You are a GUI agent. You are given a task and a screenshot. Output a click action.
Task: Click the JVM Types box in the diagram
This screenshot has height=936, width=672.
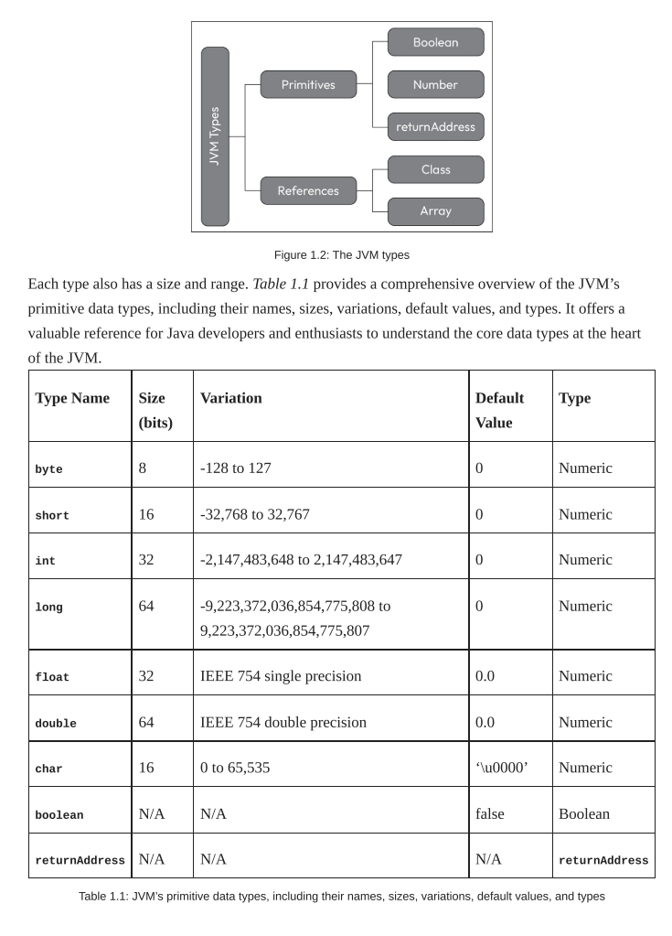pos(215,136)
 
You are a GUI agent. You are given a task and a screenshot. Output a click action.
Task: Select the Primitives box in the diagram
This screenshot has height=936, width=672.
pos(308,85)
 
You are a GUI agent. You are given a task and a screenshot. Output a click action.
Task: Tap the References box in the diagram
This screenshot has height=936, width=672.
pos(308,191)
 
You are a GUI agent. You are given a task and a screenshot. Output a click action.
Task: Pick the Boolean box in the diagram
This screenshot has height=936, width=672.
pos(435,43)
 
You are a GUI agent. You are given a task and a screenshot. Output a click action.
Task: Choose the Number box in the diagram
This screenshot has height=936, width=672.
pos(435,85)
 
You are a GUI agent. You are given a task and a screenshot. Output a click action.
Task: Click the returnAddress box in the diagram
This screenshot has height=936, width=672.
pos(435,127)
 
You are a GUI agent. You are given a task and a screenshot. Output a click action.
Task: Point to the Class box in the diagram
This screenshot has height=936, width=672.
pos(435,170)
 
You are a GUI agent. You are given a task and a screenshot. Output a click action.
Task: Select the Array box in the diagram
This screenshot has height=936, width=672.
pos(435,211)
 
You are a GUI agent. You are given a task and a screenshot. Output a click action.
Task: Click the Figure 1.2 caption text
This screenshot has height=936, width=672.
pos(341,255)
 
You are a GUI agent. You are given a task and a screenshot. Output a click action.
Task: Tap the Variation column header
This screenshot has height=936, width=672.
pos(230,398)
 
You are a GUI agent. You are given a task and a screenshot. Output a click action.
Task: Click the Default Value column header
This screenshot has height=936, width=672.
pos(500,410)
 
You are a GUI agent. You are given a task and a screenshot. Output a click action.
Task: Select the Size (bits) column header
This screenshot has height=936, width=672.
pos(155,410)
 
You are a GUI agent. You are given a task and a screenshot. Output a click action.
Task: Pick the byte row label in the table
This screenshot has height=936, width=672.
pos(48,469)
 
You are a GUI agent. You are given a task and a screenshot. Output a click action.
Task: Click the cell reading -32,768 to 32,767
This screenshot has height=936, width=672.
pos(254,514)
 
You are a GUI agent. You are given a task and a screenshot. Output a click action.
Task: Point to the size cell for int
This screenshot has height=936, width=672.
pos(146,559)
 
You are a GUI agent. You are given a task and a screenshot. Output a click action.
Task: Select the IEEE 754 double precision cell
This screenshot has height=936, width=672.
pos(283,722)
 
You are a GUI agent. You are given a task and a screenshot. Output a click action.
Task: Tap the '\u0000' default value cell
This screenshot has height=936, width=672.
pos(501,768)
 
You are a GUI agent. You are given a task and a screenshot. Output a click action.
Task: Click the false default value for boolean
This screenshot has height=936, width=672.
pos(489,813)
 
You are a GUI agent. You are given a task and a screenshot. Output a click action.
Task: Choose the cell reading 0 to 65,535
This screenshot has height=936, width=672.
pos(235,768)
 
